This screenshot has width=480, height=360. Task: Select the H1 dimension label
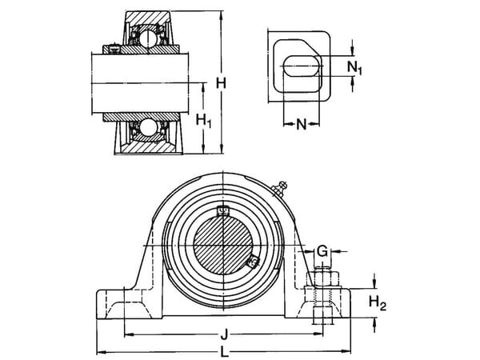204,122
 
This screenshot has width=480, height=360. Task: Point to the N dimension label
301,124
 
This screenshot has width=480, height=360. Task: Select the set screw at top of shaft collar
223,212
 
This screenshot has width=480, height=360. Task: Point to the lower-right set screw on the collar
252,260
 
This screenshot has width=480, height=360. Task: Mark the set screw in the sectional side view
114,50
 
